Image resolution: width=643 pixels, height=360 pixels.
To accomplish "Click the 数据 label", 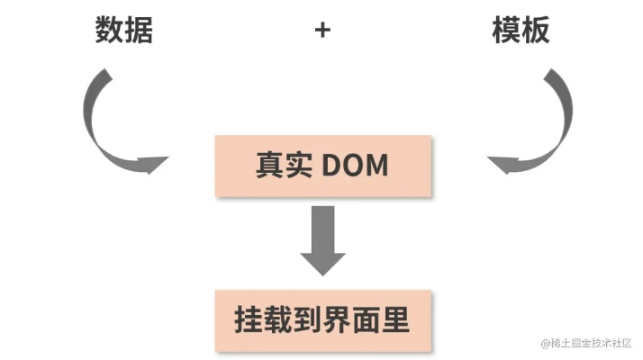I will point(124,31).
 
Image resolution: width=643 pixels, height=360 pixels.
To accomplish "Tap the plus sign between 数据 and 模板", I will point(322,31).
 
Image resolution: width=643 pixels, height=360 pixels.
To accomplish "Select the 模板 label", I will point(521,31).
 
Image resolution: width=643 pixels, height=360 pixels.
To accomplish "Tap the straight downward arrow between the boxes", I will point(322,238).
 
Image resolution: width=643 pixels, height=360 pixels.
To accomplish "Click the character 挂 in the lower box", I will point(249,320).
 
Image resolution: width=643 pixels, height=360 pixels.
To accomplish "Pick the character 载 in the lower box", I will point(279,320).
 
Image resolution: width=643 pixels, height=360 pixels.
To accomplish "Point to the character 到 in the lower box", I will point(309,320).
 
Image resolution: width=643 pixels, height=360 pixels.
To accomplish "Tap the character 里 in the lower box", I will point(396,320).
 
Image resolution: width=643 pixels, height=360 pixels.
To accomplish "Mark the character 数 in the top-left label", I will point(110,31).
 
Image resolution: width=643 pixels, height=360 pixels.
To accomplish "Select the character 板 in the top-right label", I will point(535,31).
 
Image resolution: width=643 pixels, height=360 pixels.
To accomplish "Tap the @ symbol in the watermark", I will point(546,344).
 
